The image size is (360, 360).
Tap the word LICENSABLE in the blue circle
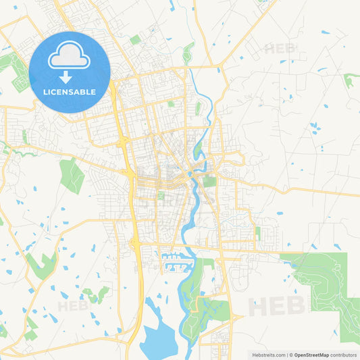click(70, 91)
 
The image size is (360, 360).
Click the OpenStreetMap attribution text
click(311, 355)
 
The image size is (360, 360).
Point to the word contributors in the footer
click(344, 355)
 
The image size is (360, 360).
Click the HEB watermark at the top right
click(280, 49)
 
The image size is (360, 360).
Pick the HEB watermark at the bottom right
click(277, 305)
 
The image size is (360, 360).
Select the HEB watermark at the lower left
click(73, 305)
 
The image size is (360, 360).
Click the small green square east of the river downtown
click(209, 181)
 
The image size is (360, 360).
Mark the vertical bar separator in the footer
click(288, 355)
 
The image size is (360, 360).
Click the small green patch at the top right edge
click(350, 80)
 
